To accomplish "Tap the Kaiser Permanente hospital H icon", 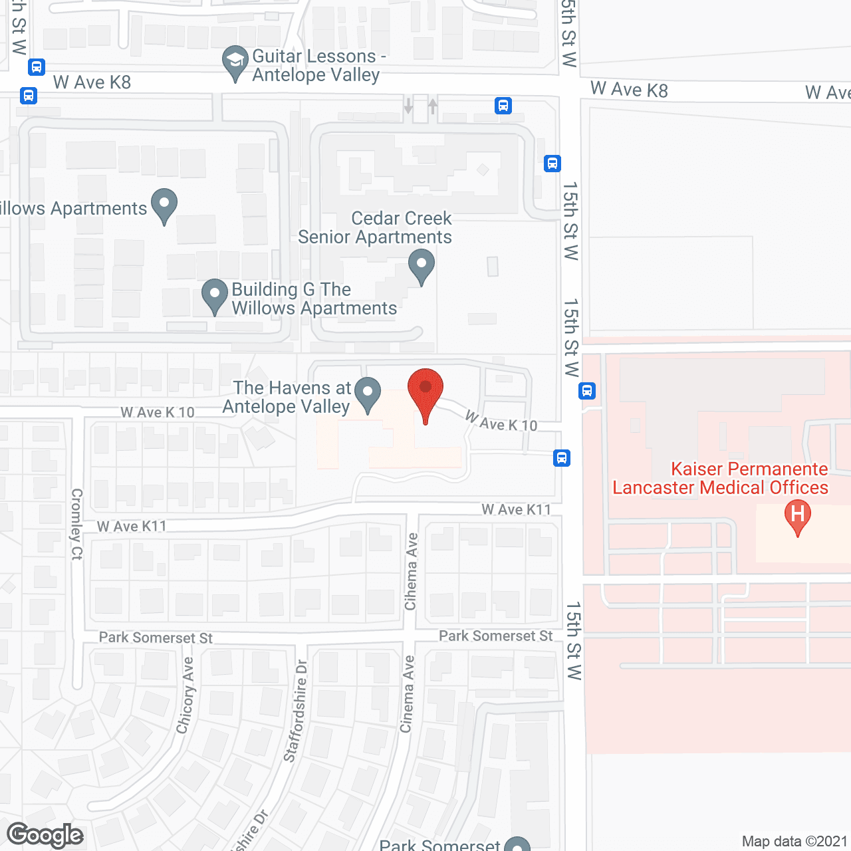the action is (798, 515).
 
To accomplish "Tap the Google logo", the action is (45, 835).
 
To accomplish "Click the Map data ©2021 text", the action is (794, 841).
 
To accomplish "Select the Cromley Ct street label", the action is (77, 524).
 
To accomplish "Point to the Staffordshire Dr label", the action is (296, 711).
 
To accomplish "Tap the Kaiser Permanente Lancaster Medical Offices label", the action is (721, 478).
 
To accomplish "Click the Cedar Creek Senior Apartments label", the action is (375, 228).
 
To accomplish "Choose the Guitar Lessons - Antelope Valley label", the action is (316, 65).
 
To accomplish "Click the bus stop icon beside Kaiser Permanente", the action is (587, 390).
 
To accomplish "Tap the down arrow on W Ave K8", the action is (408, 105).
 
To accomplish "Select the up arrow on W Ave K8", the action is (433, 105).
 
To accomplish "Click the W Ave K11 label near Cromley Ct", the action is (132, 527).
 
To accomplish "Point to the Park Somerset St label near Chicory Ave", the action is (156, 638).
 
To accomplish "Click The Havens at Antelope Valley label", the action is (287, 397).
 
